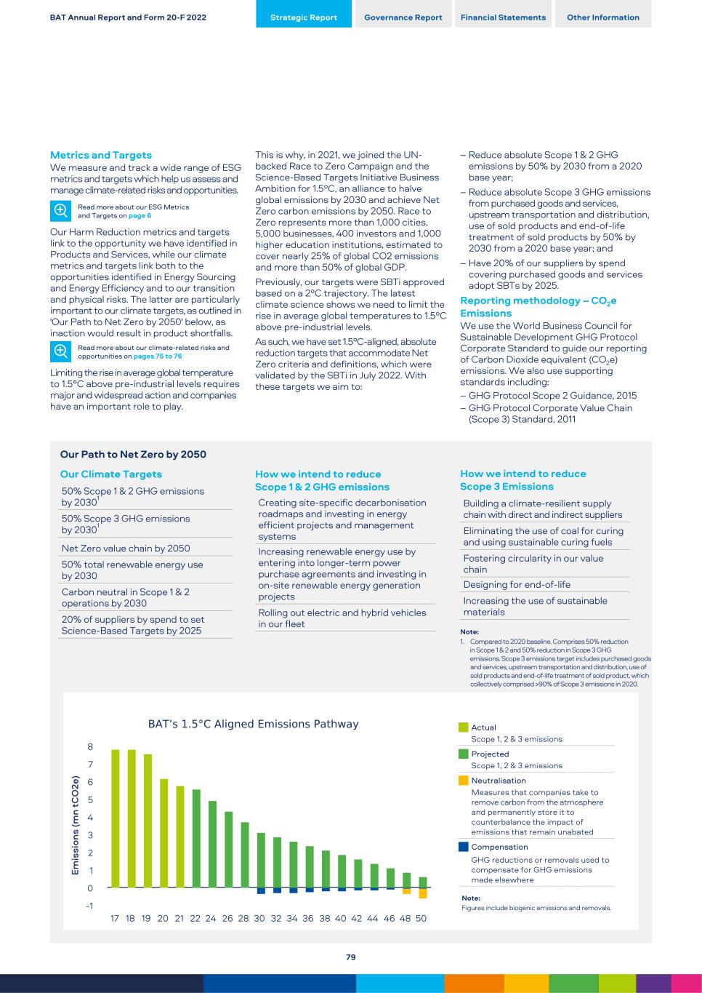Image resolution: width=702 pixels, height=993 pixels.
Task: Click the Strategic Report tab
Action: [304, 17]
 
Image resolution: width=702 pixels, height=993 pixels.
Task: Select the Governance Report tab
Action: [403, 17]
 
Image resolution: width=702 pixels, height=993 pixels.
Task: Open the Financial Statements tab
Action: [503, 17]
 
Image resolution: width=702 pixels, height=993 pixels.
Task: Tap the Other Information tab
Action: [603, 17]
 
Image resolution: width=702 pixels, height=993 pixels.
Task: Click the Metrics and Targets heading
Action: [101, 155]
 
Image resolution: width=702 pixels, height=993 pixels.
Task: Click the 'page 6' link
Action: [139, 216]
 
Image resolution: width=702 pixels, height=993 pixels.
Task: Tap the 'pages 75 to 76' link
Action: [158, 356]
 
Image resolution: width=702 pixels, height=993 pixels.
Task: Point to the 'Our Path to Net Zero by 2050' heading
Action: [133, 455]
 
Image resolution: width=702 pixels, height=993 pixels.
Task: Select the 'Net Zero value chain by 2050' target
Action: [126, 549]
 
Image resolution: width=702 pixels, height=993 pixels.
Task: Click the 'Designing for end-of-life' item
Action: [517, 585]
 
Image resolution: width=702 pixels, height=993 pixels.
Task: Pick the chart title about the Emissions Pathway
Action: [253, 724]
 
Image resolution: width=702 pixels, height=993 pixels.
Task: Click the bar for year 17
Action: [115, 818]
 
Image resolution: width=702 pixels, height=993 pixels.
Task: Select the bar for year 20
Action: [164, 833]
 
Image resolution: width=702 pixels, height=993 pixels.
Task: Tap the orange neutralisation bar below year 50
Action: [423, 893]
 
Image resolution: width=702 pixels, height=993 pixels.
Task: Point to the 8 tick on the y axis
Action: [90, 747]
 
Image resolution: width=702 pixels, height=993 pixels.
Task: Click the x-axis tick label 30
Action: [259, 919]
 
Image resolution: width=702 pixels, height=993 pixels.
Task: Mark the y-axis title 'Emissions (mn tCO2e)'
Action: [75, 825]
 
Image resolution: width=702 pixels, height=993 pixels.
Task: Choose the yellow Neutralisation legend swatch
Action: [464, 781]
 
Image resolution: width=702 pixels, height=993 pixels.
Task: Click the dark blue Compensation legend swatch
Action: [464, 847]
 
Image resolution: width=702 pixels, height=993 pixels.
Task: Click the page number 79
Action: [351, 957]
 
